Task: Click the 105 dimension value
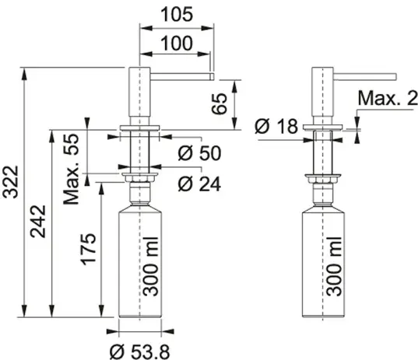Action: coord(177,14)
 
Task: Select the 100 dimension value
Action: coord(176,43)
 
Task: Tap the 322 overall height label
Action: coord(10,182)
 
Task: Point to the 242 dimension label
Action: coord(38,222)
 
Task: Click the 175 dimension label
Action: coord(88,250)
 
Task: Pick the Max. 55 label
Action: coord(71,170)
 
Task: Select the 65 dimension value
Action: coord(220,104)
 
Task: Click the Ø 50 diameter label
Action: coord(199,153)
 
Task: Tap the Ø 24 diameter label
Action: coord(199,183)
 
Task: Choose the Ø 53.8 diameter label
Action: coord(139,351)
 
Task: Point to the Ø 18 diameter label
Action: coord(276,126)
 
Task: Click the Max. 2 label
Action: coord(388,98)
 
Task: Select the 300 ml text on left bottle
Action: coord(150,267)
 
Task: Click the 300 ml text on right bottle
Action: coord(334,267)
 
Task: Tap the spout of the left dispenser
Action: coord(182,76)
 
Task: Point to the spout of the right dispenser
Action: coord(365,77)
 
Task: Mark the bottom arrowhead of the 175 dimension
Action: coord(101,311)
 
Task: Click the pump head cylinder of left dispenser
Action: coord(139,92)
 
